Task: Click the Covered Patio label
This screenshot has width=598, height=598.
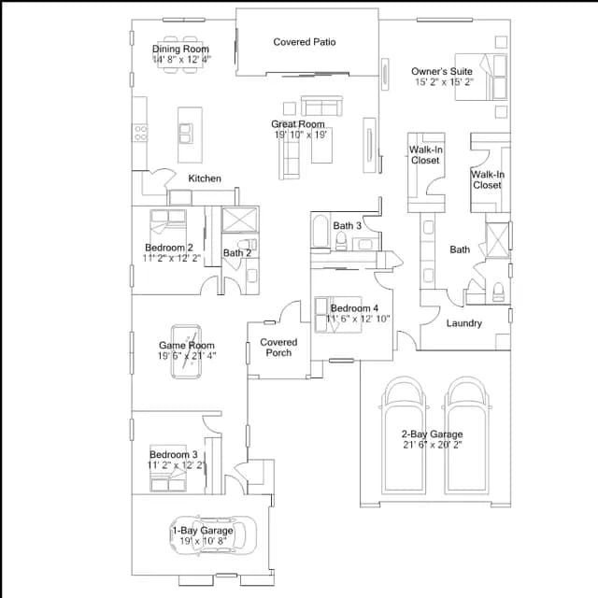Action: tap(305, 42)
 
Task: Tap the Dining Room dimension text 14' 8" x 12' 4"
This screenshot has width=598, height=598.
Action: tap(181, 59)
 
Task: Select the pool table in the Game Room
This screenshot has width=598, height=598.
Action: tap(186, 351)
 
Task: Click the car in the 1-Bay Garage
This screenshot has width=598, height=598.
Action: tap(213, 534)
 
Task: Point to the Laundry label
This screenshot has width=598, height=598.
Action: tap(463, 323)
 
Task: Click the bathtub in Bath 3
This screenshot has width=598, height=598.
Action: tap(320, 231)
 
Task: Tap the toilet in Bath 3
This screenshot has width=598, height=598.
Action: tap(341, 241)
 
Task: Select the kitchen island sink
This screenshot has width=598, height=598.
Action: tap(185, 133)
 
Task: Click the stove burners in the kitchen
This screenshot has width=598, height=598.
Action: tap(140, 133)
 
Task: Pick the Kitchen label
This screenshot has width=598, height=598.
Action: tap(205, 178)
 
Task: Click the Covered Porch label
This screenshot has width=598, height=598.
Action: tap(278, 348)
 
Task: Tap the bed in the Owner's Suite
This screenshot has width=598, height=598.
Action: tap(481, 77)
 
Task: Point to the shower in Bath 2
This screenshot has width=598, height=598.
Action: tap(240, 220)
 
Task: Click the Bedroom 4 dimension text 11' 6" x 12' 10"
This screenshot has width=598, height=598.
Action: tap(357, 319)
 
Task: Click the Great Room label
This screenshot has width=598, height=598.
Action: tap(298, 124)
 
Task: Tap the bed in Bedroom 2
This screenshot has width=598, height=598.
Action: tap(168, 222)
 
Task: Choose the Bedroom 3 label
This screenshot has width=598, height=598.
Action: tap(174, 455)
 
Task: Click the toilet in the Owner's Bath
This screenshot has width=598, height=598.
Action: tap(498, 292)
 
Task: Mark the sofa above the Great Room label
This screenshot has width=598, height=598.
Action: tap(321, 106)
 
